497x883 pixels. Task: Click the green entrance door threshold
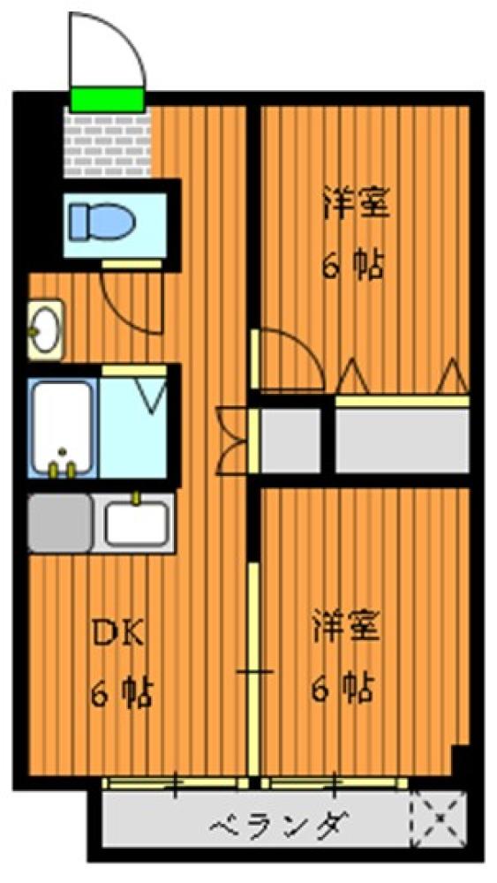point(107,100)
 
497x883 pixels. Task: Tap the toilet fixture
point(102,222)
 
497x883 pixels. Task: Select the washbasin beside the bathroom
point(45,329)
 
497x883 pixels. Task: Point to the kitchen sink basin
point(136,523)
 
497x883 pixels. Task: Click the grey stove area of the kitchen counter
point(60,523)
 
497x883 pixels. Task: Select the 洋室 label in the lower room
point(346,625)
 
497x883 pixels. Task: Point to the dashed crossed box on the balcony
point(438,817)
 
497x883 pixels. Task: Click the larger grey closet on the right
point(402,440)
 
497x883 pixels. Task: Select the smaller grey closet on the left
point(290,440)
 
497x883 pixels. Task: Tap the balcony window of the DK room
point(176,782)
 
